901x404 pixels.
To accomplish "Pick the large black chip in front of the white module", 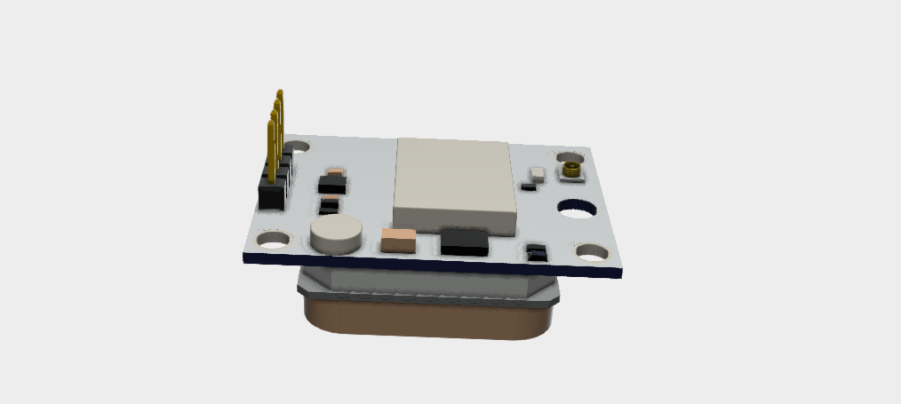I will click(x=464, y=242).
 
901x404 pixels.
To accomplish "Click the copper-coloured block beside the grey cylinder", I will click(x=397, y=239).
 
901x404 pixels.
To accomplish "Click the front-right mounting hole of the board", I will click(x=593, y=252).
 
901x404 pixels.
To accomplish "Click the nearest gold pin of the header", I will click(x=269, y=147).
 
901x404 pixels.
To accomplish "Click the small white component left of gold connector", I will click(x=538, y=173).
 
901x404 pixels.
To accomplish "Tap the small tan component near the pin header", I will click(x=335, y=170).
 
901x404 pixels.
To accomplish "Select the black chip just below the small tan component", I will click(x=332, y=186).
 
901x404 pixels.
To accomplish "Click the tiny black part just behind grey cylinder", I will click(x=330, y=206).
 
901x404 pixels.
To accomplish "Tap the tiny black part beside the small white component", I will click(x=529, y=186).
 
